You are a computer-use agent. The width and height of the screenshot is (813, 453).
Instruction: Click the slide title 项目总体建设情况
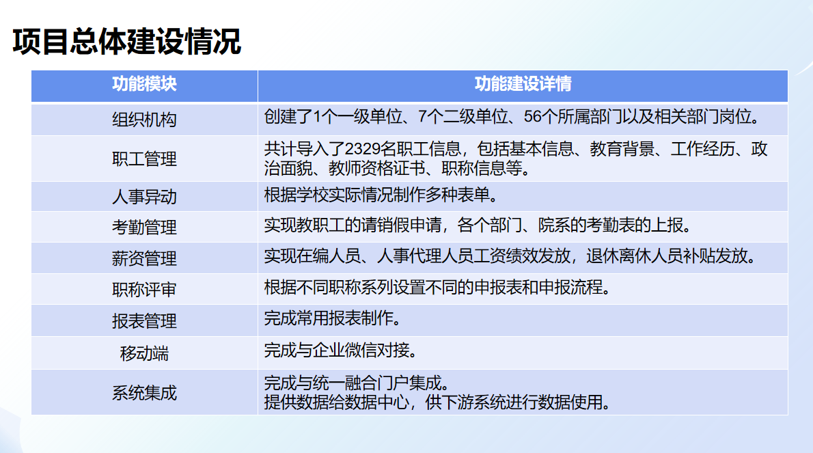127,42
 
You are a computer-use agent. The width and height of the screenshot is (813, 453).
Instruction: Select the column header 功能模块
144,84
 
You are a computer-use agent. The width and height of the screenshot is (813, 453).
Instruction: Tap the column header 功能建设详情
523,84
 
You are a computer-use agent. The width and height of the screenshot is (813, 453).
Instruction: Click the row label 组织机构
144,120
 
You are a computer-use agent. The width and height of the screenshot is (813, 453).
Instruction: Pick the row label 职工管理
144,159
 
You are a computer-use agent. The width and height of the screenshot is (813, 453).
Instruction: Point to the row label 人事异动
144,197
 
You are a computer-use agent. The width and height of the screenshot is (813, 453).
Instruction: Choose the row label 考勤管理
144,227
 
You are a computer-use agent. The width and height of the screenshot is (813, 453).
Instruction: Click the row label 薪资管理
144,258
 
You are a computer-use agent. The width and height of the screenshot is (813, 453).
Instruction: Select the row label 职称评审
144,289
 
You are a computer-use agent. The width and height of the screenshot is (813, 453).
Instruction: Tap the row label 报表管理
144,321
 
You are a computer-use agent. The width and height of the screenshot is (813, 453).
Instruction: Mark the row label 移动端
144,353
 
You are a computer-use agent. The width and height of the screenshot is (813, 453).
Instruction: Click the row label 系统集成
144,393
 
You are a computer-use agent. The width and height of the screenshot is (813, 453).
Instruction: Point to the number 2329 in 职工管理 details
362,149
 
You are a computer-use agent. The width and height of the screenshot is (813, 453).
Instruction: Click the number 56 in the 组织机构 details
532,117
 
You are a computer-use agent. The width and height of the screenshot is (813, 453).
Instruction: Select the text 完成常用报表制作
332,318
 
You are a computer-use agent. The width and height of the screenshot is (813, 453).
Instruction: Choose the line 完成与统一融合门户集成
357,383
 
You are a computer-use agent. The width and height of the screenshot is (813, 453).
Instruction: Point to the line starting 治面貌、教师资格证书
397,168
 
